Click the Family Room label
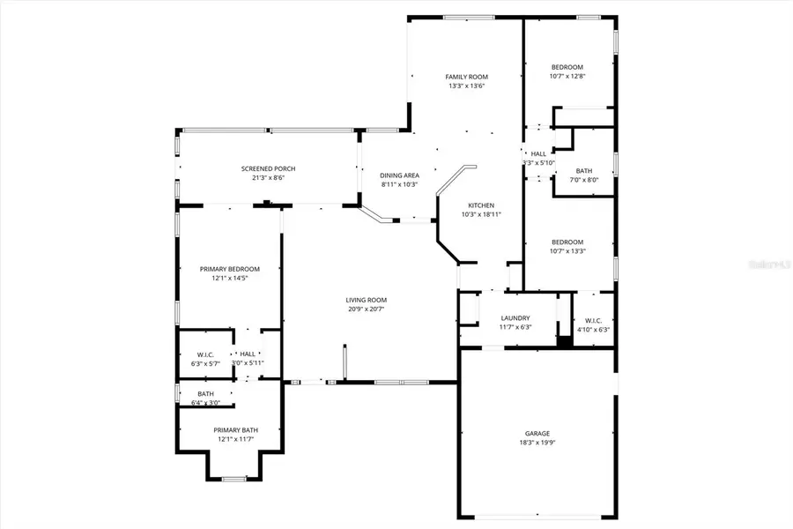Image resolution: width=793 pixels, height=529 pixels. click(x=466, y=77)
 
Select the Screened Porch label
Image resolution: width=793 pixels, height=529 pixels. click(x=268, y=168)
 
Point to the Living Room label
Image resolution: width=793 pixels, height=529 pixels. click(x=365, y=300)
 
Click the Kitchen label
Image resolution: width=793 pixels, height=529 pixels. click(x=480, y=205)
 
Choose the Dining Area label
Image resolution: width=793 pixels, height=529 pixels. click(x=399, y=175)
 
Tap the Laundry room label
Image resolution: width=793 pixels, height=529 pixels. click(x=515, y=318)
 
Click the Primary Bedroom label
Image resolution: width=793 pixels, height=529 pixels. click(x=229, y=269)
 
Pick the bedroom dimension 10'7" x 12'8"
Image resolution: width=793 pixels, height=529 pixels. click(x=567, y=77)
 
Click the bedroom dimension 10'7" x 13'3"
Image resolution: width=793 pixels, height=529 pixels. click(x=567, y=251)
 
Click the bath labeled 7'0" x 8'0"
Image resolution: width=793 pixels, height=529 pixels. click(x=584, y=175)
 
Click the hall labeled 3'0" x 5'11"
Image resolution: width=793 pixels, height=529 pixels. click(x=248, y=358)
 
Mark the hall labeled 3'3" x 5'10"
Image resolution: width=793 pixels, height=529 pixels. click(x=538, y=158)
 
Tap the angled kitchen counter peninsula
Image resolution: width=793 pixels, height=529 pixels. click(x=455, y=181)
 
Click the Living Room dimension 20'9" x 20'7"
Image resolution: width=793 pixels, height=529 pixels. click(x=365, y=309)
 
